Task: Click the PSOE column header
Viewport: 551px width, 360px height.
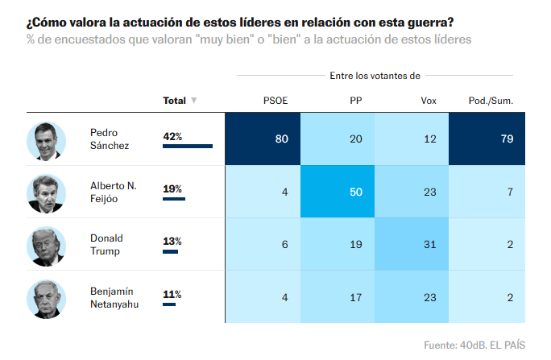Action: [x=275, y=101]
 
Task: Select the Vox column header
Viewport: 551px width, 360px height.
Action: [x=429, y=101]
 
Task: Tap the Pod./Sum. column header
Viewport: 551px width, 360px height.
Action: [x=491, y=101]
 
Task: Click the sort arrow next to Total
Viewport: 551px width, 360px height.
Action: [x=193, y=101]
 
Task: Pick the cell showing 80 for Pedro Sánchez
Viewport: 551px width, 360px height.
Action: [x=263, y=139]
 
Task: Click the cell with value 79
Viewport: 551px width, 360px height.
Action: [x=487, y=139]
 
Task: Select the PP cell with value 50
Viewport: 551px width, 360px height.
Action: [x=338, y=192]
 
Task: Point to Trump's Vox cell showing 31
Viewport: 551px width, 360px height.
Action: [x=412, y=243]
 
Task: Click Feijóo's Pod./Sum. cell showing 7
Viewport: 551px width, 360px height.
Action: [x=487, y=192]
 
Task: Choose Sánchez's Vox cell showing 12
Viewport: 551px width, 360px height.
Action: [x=412, y=139]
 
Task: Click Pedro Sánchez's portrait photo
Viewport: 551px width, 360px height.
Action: [x=46, y=140]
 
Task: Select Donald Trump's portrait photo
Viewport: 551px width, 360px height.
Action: [x=46, y=246]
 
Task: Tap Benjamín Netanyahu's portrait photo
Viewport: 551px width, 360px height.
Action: [x=46, y=297]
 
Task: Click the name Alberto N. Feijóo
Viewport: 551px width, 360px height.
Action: [x=113, y=192]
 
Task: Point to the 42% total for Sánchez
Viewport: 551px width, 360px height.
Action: [x=172, y=136]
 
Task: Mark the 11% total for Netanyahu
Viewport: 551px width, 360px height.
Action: [x=172, y=294]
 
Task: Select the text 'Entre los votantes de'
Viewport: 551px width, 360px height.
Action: [x=375, y=75]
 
